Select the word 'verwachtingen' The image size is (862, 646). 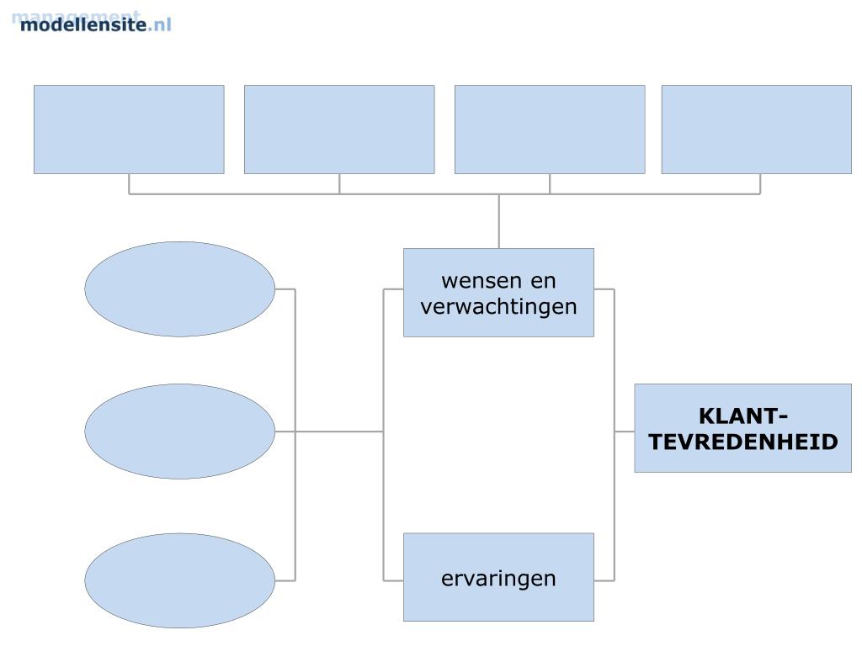click(498, 305)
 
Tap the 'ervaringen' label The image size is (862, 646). click(498, 578)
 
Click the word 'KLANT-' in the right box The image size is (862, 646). click(742, 416)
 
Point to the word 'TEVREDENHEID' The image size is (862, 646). click(743, 441)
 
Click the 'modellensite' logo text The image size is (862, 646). click(82, 24)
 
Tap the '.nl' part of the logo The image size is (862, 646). click(159, 24)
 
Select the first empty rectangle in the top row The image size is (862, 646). click(129, 129)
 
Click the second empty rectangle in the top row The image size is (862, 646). click(339, 129)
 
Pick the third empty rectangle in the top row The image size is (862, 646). click(550, 129)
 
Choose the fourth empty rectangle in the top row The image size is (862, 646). click(756, 129)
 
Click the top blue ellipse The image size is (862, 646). click(179, 289)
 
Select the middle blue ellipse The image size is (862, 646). click(179, 432)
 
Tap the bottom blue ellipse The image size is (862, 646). click(179, 580)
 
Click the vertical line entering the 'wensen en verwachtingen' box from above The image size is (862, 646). click(498, 221)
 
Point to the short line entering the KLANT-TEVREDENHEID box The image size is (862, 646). click(624, 432)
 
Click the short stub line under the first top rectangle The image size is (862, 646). click(129, 183)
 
